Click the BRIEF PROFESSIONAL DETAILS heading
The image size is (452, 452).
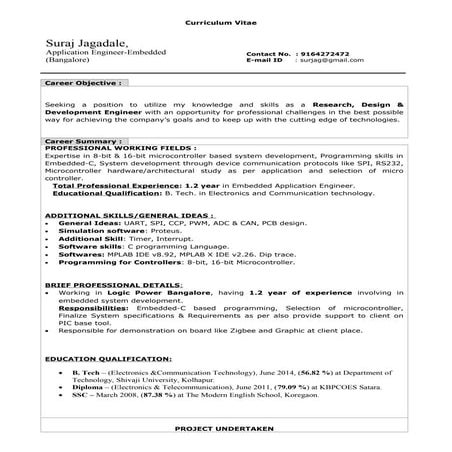[103, 284]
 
